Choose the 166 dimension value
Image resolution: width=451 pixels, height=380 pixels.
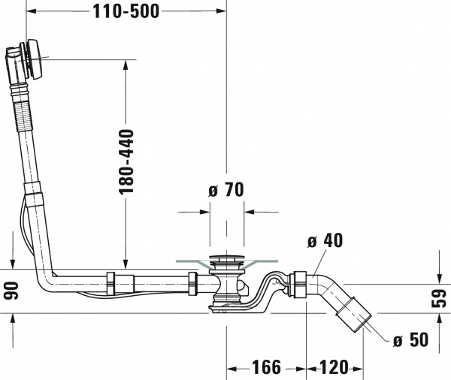point(267,367)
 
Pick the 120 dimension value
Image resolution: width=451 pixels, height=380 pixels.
point(335,367)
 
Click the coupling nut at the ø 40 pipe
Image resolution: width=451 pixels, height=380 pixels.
point(299,284)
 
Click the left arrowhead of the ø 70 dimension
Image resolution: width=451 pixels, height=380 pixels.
point(204,212)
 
